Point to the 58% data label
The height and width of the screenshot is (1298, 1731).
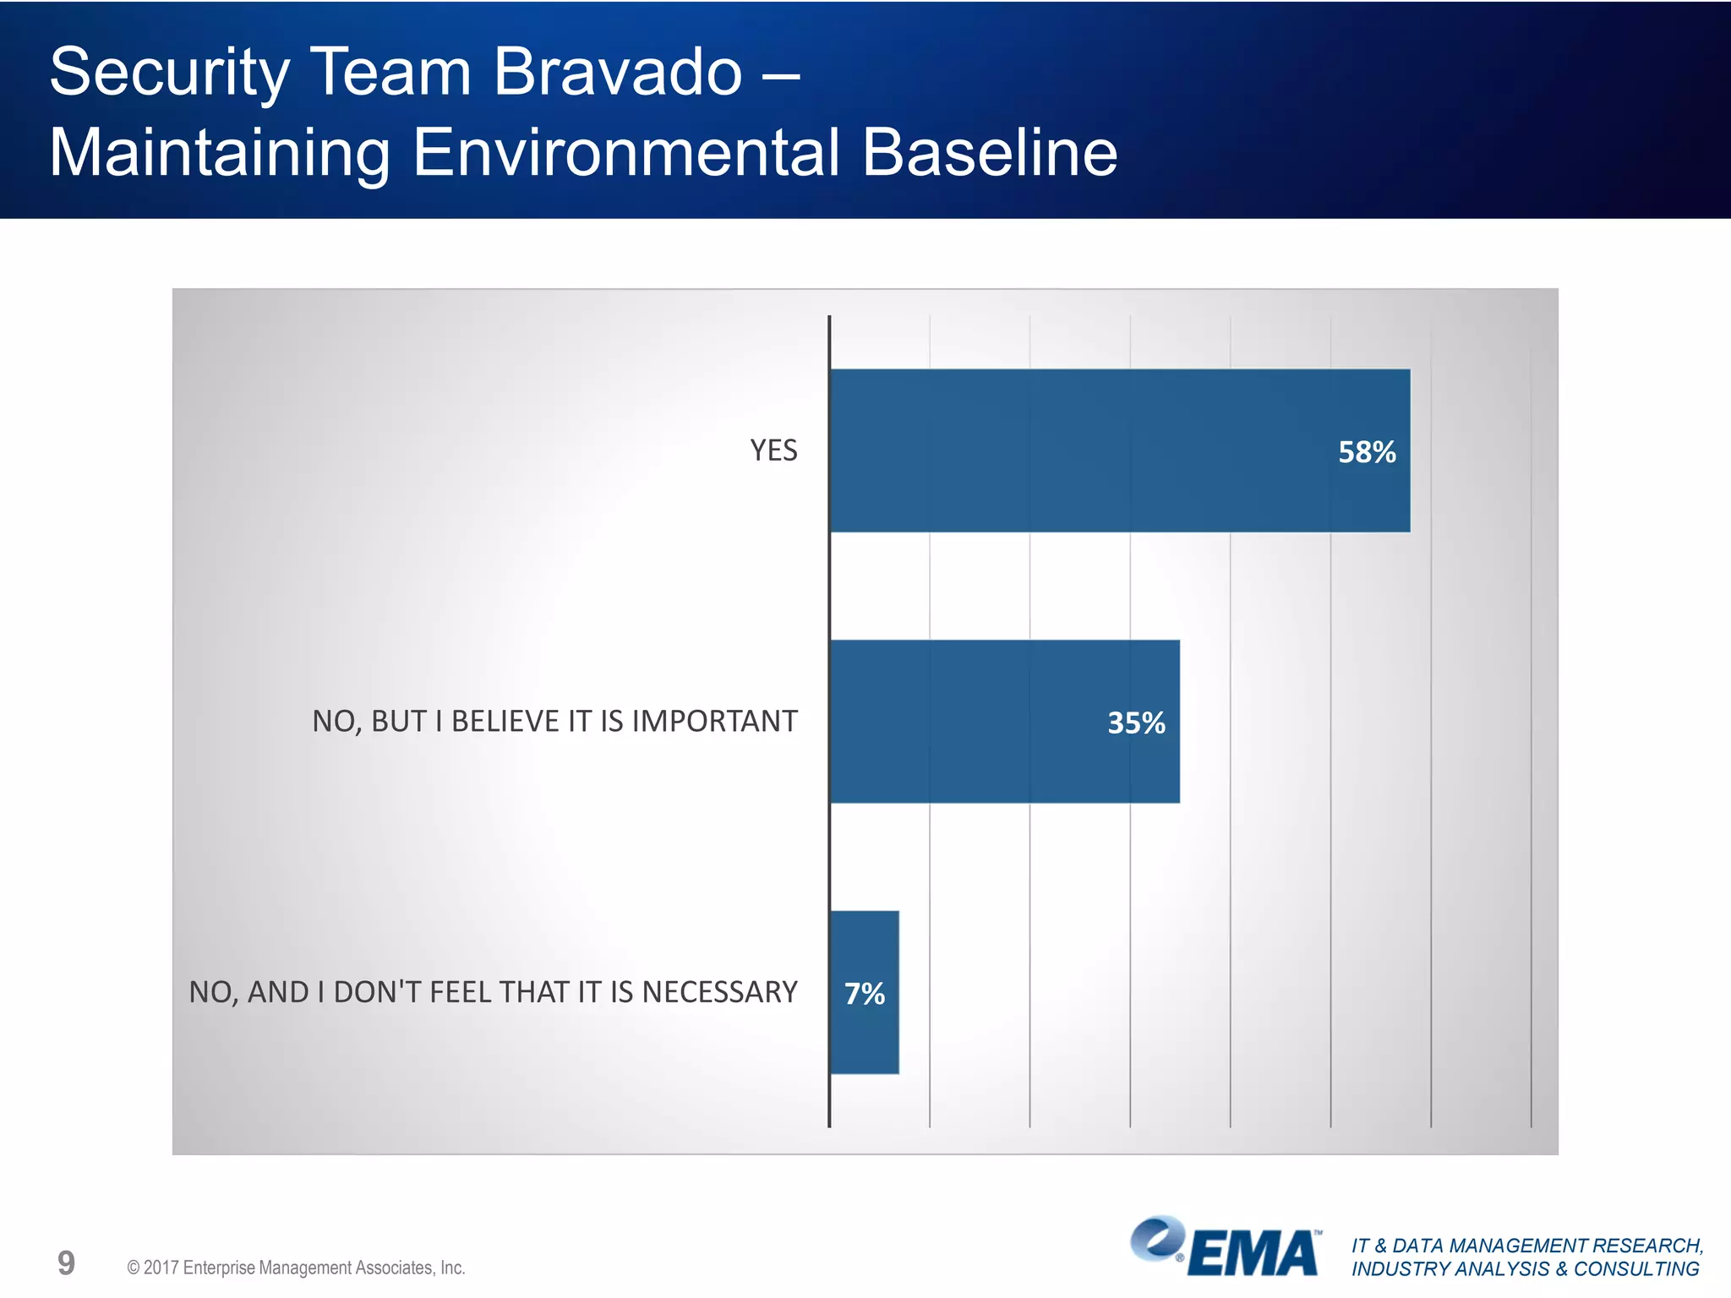point(1367,452)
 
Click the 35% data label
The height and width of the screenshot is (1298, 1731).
point(1136,723)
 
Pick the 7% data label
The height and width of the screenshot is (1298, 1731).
point(864,994)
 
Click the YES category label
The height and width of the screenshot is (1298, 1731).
point(773,450)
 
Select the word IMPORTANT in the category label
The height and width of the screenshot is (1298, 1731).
point(714,722)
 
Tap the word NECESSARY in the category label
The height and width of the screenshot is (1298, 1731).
point(719,992)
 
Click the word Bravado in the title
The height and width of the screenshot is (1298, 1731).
point(617,72)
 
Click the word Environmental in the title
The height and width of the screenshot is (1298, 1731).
point(625,153)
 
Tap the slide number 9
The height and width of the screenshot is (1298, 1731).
point(66,1263)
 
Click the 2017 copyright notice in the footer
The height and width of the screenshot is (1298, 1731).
point(296,1268)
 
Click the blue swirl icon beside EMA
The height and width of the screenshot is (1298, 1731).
point(1157,1239)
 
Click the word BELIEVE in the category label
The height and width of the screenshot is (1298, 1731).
point(505,722)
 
